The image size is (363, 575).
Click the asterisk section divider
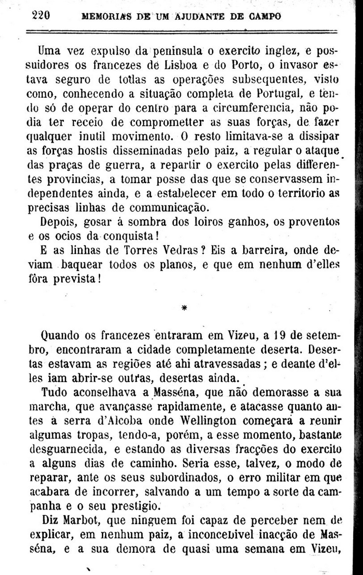pyautogui.click(x=184, y=307)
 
